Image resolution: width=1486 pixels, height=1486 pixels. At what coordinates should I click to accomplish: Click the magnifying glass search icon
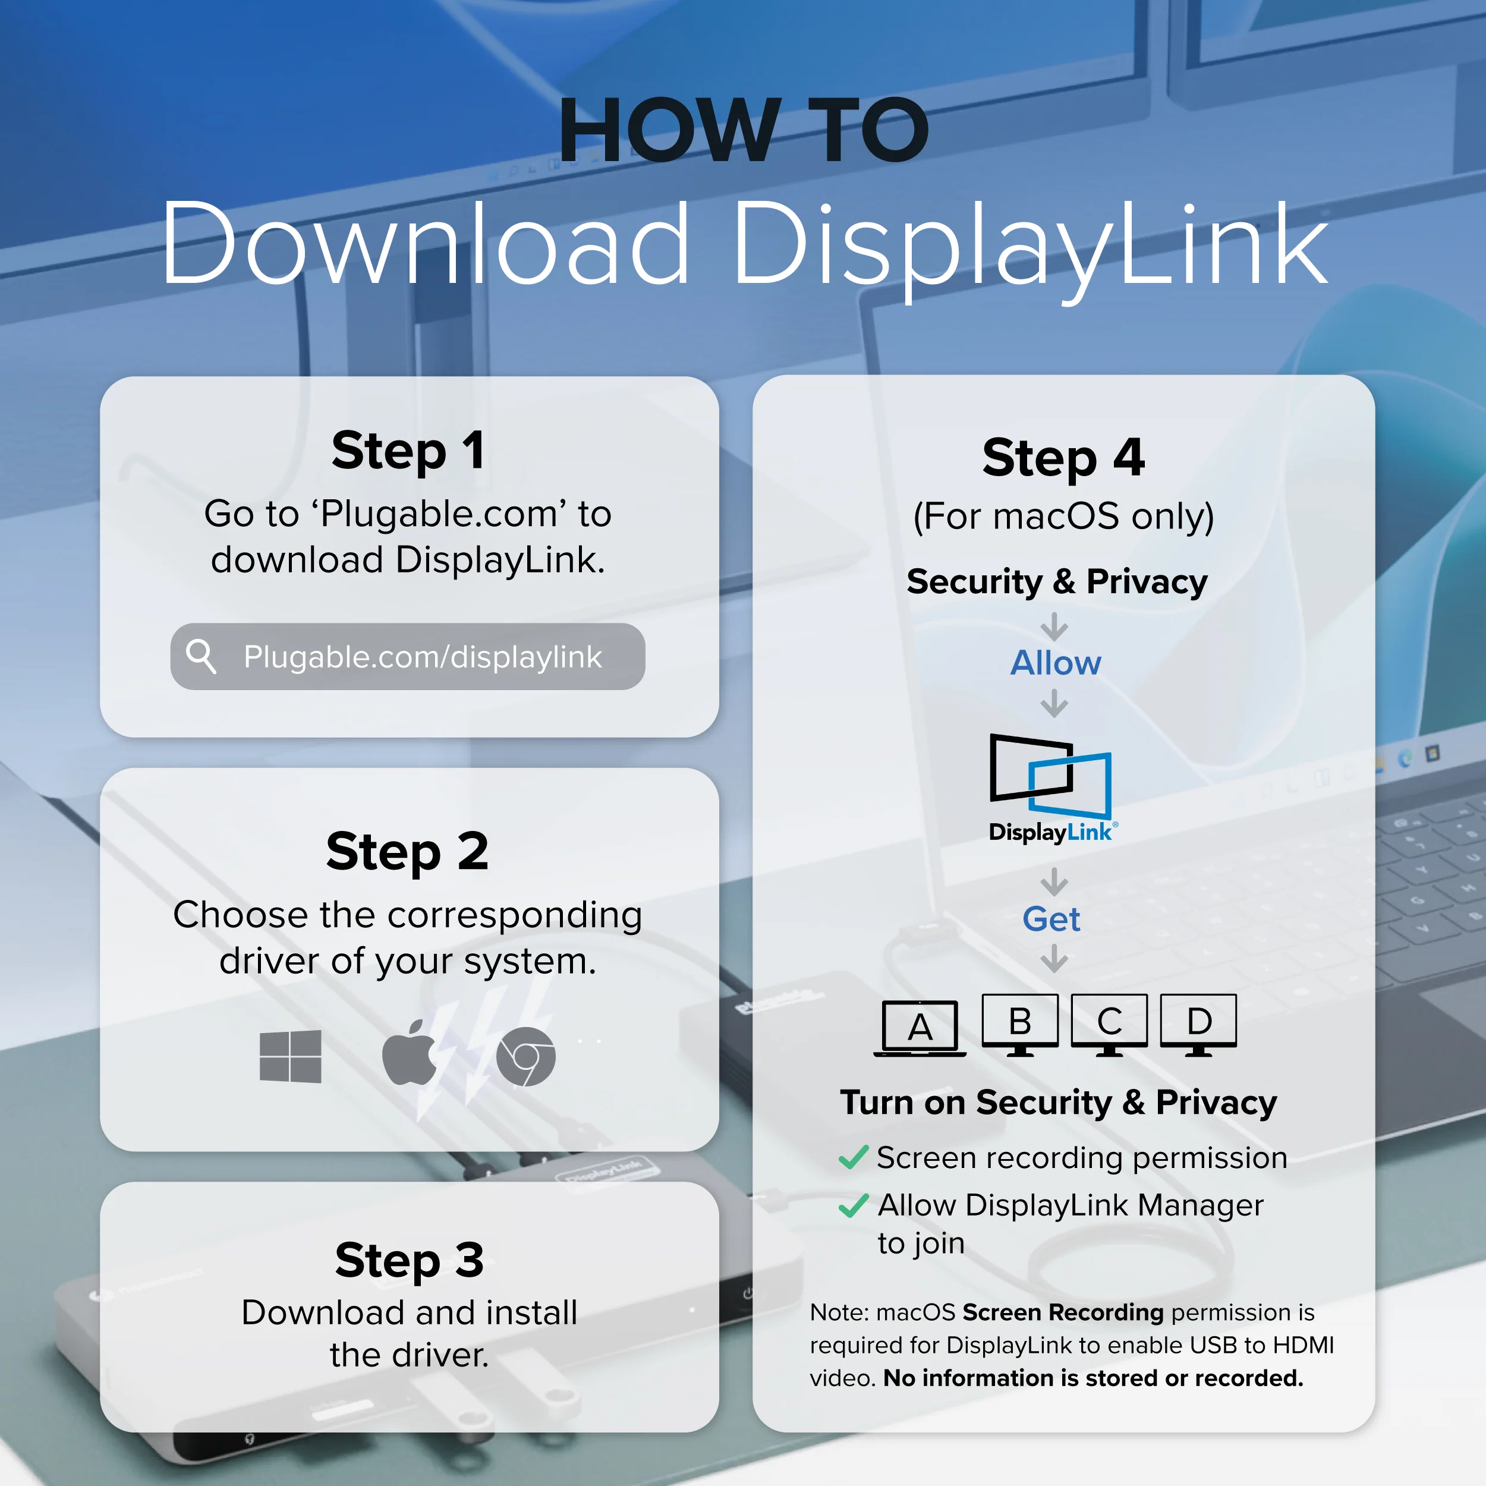click(202, 657)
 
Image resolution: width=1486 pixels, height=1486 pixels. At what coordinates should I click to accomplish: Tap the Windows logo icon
click(291, 1057)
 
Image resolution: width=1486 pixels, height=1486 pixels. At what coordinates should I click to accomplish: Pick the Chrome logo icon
click(526, 1057)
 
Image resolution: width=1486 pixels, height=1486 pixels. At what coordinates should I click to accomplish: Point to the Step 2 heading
click(408, 851)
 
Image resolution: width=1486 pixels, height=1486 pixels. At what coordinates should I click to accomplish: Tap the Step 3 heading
click(409, 1260)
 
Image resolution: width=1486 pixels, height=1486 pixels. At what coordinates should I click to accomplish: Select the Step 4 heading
click(1064, 458)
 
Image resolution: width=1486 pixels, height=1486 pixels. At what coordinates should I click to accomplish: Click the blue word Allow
click(1055, 663)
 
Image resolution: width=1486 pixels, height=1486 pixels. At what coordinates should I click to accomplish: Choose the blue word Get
click(1051, 919)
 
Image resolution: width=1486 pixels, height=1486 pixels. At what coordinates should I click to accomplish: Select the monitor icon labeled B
click(1020, 1025)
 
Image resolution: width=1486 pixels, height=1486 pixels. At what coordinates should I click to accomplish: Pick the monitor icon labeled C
click(1109, 1025)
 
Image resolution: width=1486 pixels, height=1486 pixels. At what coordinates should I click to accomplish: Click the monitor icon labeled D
click(1198, 1025)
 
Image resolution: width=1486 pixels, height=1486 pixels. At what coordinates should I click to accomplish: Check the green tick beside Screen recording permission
click(854, 1157)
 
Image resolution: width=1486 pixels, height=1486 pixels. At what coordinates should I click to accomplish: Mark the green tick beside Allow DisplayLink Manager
click(854, 1205)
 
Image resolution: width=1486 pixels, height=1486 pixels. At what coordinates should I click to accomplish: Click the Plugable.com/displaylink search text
click(423, 657)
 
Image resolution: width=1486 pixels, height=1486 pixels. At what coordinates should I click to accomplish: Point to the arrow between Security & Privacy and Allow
click(1054, 626)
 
